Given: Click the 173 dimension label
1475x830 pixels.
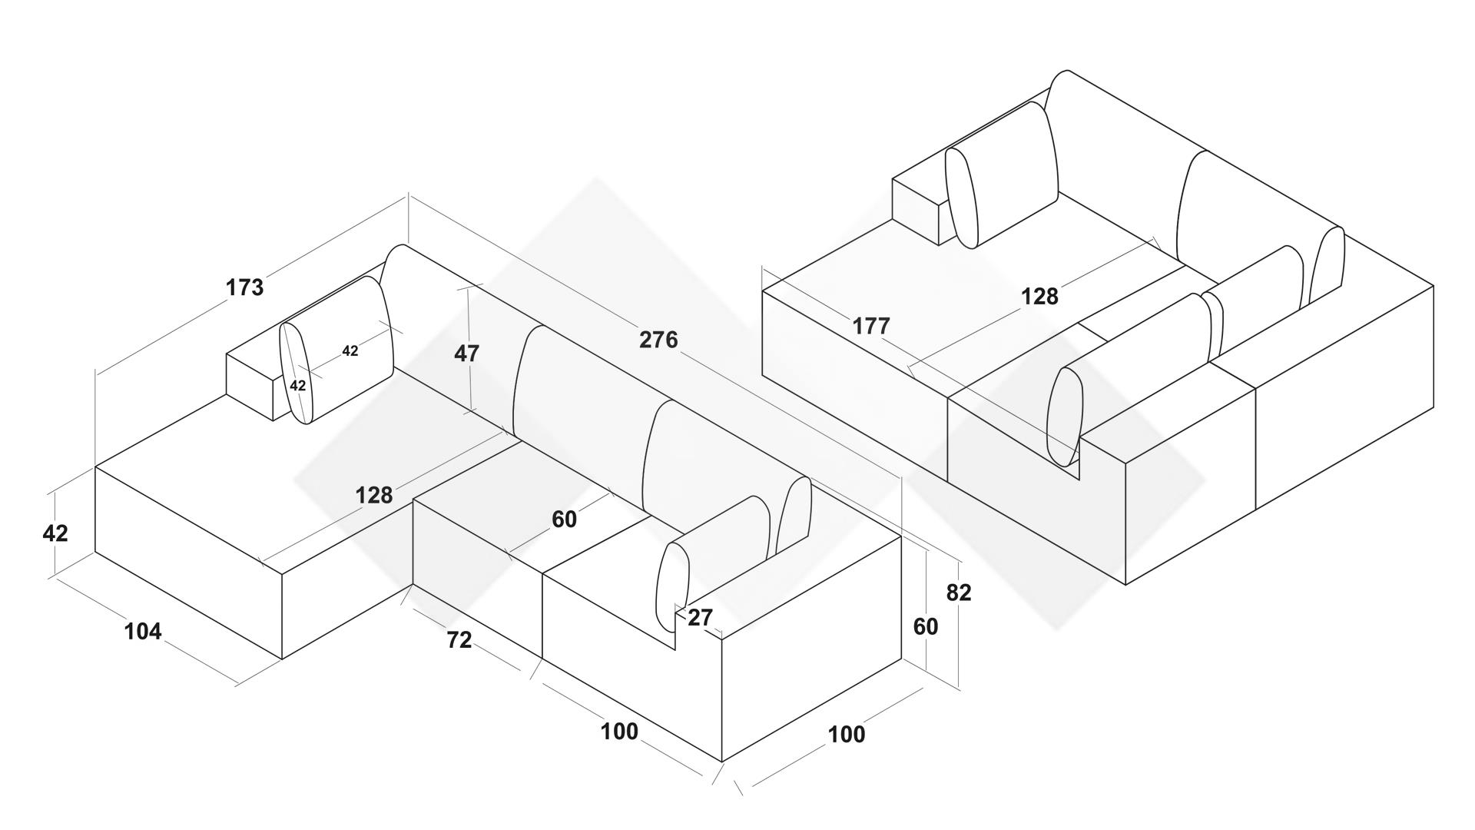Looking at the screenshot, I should click(x=244, y=287).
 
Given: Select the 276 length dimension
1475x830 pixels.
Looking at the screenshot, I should click(x=658, y=339).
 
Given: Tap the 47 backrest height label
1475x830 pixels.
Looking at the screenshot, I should click(x=466, y=354).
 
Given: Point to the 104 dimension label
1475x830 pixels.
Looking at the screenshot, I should click(x=143, y=631).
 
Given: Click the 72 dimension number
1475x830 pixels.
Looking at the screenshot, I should click(x=459, y=639).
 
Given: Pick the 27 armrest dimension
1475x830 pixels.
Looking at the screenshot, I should click(x=700, y=617).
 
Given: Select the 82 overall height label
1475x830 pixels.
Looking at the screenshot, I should click(x=959, y=593).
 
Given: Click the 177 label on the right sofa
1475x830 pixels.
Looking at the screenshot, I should click(x=870, y=327).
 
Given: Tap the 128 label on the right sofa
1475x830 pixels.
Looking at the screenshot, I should click(x=1039, y=297).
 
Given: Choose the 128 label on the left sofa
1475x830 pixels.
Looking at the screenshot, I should click(x=374, y=496).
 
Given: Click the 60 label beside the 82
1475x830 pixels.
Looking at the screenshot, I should click(x=926, y=627).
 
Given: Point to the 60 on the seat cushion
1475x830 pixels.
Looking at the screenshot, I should click(x=564, y=520).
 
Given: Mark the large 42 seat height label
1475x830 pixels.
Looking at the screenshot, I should click(x=55, y=533).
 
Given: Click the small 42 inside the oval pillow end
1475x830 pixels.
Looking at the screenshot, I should click(x=298, y=385).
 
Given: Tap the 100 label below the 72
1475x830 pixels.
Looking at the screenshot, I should click(x=619, y=732).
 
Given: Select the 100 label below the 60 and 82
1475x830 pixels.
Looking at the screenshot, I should click(x=846, y=735).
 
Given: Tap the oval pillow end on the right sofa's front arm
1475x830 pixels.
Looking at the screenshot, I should click(x=1066, y=417).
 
